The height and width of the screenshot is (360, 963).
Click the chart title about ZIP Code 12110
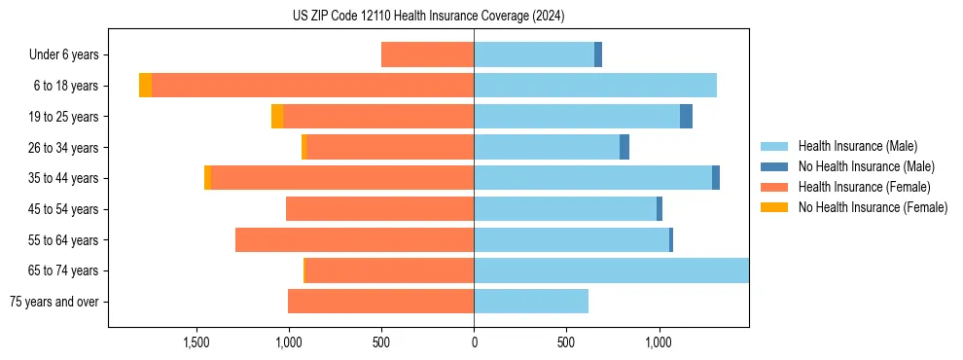(428, 17)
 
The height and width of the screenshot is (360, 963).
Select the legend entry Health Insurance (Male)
(857, 146)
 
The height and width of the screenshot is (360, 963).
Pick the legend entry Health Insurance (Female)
(864, 187)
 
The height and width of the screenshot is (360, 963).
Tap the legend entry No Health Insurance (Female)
(873, 207)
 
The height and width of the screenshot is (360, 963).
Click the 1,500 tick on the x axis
(196, 342)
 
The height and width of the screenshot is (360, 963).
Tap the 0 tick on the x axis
(474, 342)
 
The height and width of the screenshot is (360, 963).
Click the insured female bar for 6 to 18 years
(312, 86)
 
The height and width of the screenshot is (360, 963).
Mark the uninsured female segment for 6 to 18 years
(145, 86)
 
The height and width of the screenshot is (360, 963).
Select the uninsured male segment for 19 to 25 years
(686, 117)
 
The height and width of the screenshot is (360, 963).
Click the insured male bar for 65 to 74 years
(611, 270)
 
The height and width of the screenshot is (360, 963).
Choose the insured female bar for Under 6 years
(427, 54)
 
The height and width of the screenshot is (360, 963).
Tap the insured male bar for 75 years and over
(531, 302)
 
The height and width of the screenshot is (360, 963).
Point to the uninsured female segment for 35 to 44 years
(207, 178)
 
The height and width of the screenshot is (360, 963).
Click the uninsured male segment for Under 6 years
(598, 54)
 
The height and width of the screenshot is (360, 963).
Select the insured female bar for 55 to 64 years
(354, 239)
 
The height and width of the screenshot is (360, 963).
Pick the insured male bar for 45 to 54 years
(565, 209)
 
